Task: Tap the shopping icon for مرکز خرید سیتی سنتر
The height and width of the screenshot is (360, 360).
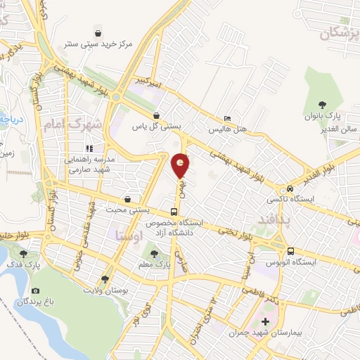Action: (99, 32)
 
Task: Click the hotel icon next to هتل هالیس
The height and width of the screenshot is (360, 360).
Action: (226, 118)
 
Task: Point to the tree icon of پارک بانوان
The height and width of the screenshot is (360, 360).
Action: (323, 103)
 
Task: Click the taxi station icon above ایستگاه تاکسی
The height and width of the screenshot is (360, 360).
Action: (290, 188)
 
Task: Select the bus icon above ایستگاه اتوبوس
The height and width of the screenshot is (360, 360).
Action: (290, 251)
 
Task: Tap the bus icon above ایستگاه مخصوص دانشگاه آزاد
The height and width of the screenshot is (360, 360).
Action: (174, 212)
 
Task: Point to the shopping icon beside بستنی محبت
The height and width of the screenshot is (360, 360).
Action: (127, 200)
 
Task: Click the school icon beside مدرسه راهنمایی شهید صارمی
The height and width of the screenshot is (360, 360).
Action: (89, 148)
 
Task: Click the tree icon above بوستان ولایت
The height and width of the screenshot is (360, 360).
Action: (106, 278)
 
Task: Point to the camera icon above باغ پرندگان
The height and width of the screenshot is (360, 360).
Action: (36, 291)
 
